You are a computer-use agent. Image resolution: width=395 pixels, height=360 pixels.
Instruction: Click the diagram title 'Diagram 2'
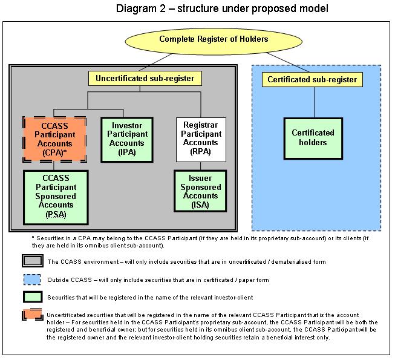[x=141, y=8]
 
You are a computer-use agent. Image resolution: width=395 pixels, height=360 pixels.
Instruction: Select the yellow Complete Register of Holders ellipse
[x=214, y=41]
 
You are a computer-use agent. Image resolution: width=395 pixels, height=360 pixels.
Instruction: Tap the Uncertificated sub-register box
[x=145, y=78]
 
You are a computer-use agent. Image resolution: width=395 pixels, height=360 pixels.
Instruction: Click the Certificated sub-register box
[x=312, y=80]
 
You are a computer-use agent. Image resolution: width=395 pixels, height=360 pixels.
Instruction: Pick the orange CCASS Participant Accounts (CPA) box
[x=54, y=139]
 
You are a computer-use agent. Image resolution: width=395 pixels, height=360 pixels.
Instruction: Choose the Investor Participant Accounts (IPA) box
[x=127, y=140]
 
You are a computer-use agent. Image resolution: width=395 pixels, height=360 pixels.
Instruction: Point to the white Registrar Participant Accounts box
[x=201, y=140]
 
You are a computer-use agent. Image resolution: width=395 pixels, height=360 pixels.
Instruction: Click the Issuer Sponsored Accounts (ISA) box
[x=200, y=191]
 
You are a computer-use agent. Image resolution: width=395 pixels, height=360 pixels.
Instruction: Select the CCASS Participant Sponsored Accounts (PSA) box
[x=56, y=197]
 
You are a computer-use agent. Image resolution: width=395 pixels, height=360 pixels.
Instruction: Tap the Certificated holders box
[x=313, y=139]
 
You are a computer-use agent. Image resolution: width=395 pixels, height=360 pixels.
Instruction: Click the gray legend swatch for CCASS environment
[x=33, y=261]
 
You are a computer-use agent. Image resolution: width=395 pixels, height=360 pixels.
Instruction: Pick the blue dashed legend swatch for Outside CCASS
[x=32, y=280]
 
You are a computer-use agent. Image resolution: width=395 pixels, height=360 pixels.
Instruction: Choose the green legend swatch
[x=33, y=297]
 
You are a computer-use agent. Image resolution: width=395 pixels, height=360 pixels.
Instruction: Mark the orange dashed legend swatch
[x=32, y=315]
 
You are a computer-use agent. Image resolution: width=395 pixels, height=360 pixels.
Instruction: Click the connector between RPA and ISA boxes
[x=200, y=166]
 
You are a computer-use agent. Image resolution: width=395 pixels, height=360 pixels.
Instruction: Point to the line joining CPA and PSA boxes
[x=54, y=166]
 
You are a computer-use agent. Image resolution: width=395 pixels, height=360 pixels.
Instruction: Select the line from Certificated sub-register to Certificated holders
[x=315, y=102]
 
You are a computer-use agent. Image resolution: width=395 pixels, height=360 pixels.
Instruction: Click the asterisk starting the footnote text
[x=33, y=237]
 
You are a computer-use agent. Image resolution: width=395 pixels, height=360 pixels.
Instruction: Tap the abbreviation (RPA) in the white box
[x=200, y=152]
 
